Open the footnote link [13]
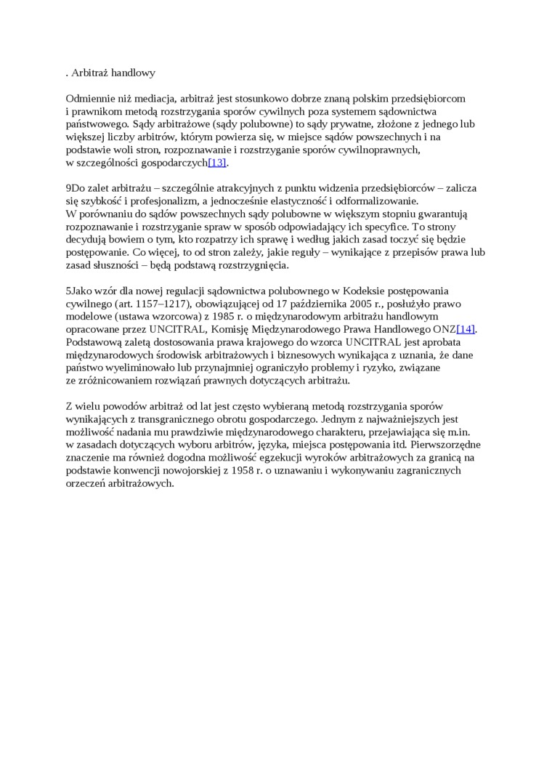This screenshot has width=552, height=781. click(217, 163)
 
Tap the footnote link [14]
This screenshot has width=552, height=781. click(466, 329)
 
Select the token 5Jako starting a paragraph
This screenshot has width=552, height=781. click(79, 291)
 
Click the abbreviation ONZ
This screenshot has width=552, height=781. click(444, 329)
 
